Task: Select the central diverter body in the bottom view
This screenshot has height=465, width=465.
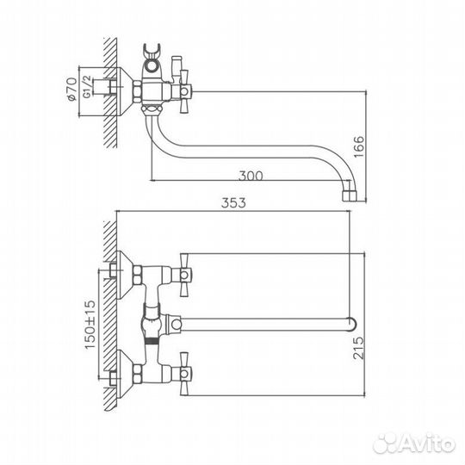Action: pyautogui.click(x=156, y=324)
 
